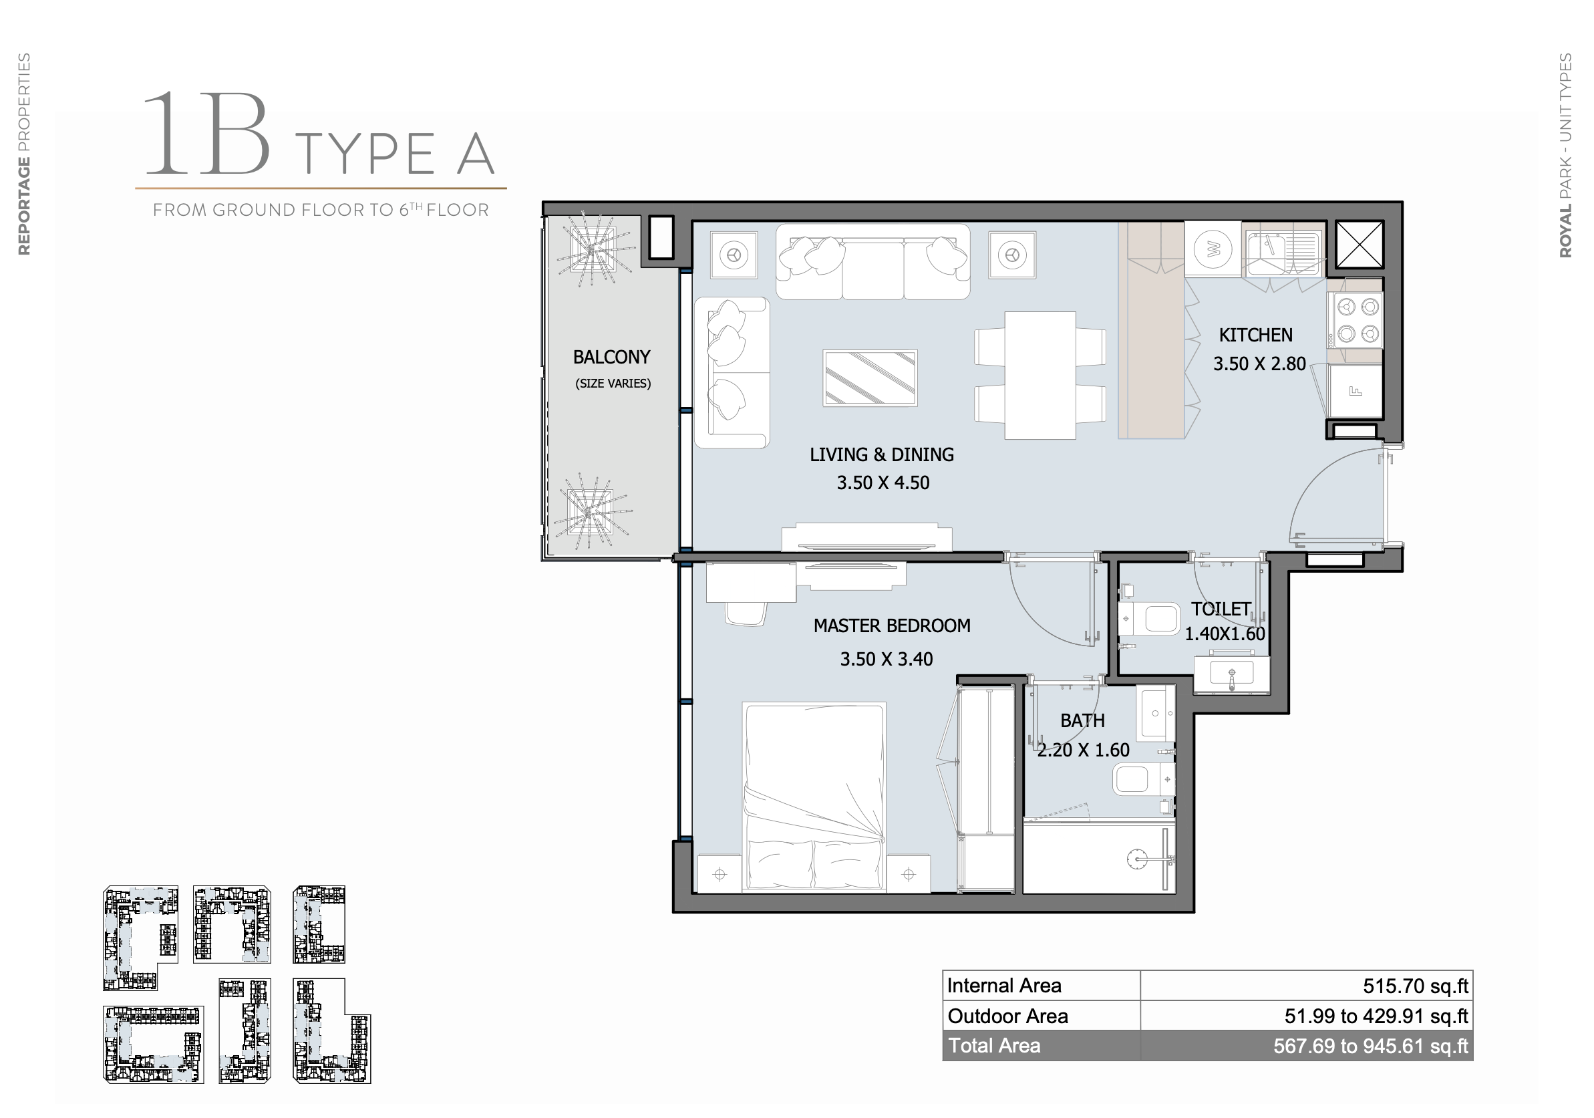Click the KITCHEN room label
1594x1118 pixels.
[1255, 335]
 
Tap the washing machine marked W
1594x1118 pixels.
[1213, 249]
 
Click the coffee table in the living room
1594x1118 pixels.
[870, 378]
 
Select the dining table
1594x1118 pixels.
[1040, 375]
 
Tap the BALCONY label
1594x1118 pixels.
[612, 357]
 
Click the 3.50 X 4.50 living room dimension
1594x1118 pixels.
[883, 482]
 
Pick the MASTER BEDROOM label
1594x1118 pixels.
[892, 625]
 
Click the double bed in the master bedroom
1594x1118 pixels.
[814, 797]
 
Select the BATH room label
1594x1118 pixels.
[1082, 721]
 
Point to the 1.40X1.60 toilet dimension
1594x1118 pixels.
[1225, 634]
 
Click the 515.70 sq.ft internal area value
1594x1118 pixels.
[1416, 986]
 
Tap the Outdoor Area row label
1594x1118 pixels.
[1007, 1016]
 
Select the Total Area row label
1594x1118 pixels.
[994, 1045]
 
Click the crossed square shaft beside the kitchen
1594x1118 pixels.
[1360, 244]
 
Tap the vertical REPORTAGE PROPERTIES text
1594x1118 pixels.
[24, 154]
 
